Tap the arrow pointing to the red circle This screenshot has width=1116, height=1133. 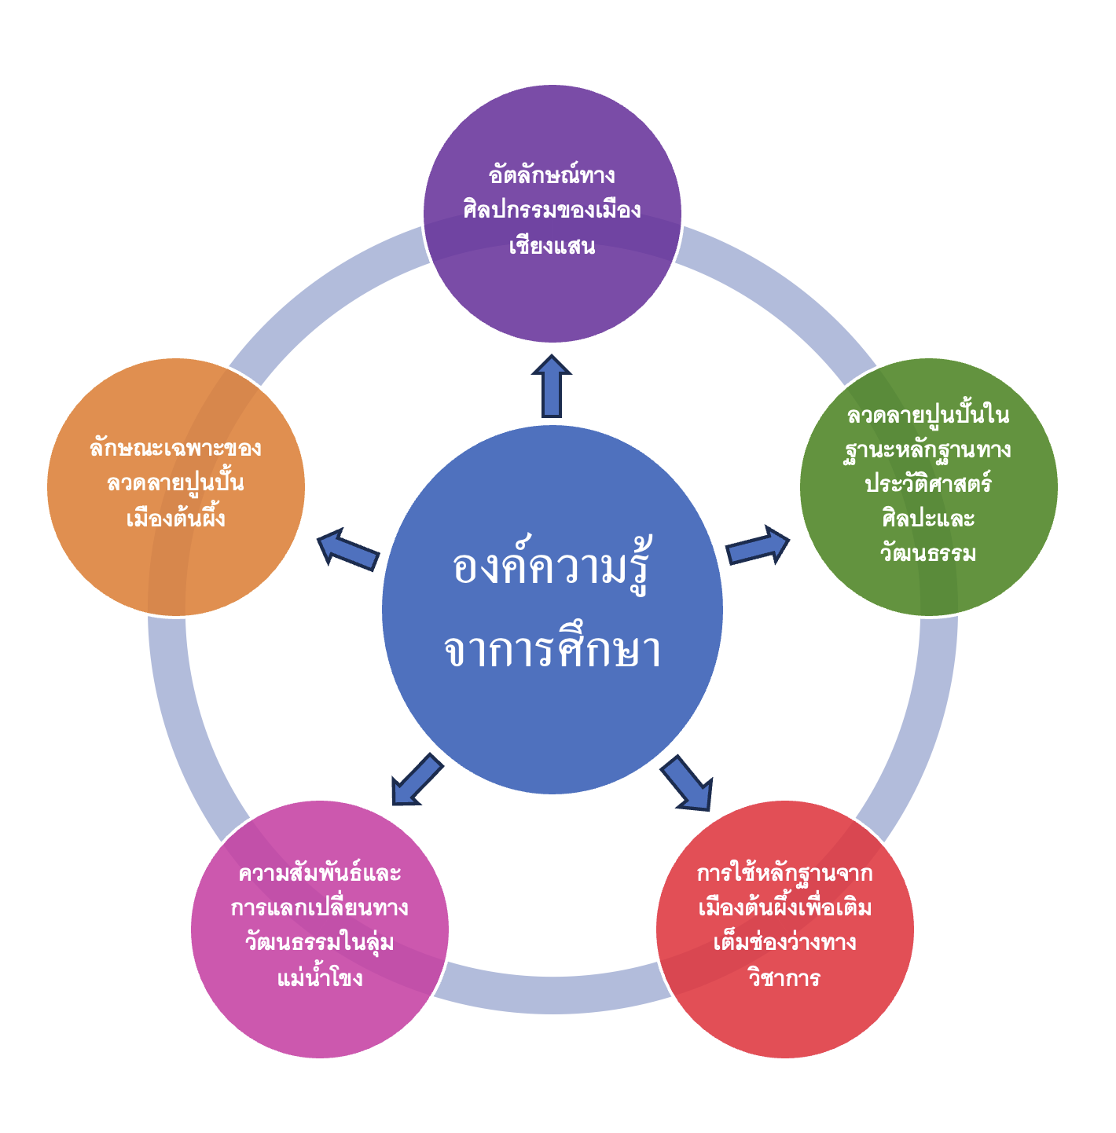point(687,783)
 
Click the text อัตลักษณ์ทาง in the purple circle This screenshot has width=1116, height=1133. point(552,174)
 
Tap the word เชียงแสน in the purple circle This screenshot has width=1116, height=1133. point(552,247)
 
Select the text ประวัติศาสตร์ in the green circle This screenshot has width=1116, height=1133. point(928,483)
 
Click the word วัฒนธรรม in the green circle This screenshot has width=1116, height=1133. point(928,553)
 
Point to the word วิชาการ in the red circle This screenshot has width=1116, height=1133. point(784,978)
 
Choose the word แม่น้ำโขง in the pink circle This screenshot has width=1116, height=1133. point(320,978)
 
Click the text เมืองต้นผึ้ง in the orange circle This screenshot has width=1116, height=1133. point(176,519)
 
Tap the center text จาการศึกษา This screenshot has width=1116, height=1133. point(552,651)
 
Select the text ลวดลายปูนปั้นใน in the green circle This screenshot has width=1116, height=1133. point(928,414)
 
